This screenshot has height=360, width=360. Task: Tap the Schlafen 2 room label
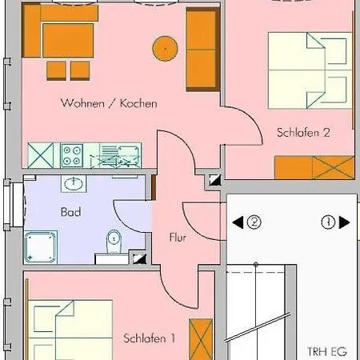pyautogui.click(x=304, y=133)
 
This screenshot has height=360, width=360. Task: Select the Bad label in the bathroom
pyautogui.click(x=70, y=213)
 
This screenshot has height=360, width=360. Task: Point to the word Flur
pyautogui.click(x=178, y=238)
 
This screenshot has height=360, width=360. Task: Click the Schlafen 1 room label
pyautogui.click(x=150, y=338)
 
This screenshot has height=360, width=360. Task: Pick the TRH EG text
pyautogui.click(x=328, y=350)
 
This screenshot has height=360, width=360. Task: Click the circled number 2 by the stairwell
pyautogui.click(x=254, y=222)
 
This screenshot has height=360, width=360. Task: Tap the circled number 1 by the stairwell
pyautogui.click(x=328, y=222)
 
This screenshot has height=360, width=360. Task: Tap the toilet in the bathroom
pyautogui.click(x=114, y=240)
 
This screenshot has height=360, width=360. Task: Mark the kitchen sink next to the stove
pyautogui.click(x=128, y=153)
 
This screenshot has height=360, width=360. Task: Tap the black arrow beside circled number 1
pyautogui.click(x=344, y=222)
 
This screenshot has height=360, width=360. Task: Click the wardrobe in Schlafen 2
pyautogui.click(x=314, y=168)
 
